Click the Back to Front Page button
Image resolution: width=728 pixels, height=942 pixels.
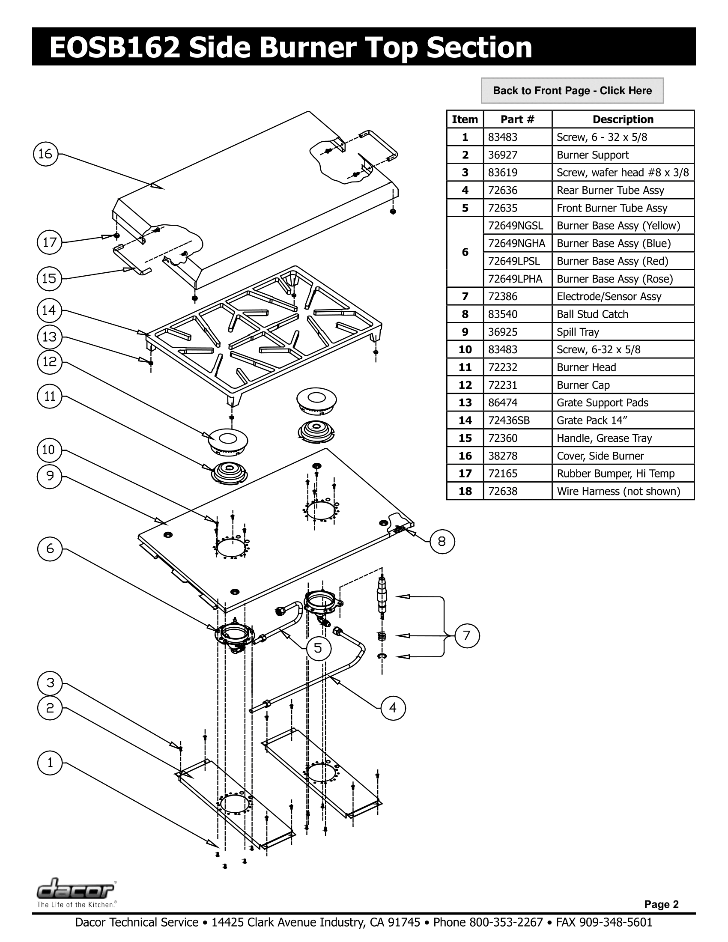coord(572,91)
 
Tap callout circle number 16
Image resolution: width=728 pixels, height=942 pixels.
coord(46,154)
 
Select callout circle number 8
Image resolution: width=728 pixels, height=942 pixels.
coord(442,542)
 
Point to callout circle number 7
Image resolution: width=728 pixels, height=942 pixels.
coord(467,636)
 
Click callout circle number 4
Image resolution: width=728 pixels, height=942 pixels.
coord(393,708)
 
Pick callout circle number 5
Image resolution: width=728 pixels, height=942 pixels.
coord(319,648)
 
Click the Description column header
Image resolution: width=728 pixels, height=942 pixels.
coord(623,119)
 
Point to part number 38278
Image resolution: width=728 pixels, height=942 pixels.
coord(502,456)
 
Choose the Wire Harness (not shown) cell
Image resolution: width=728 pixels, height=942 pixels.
coord(618,491)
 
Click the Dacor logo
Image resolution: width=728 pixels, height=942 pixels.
coord(76,890)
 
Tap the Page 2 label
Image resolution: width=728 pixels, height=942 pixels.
coord(661,904)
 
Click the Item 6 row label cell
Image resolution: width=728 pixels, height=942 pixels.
coord(465,252)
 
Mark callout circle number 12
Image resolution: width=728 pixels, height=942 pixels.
coord(50,361)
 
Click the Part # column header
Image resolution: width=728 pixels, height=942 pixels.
coord(517,119)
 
